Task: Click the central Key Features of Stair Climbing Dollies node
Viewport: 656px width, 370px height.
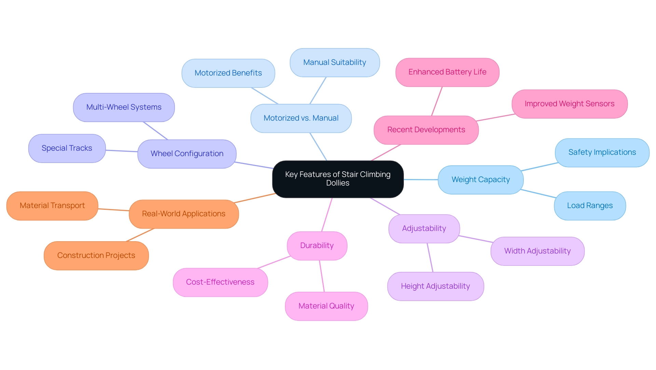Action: [338, 179]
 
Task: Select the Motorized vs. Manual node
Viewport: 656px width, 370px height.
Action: [301, 118]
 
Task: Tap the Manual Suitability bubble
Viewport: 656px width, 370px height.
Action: [334, 63]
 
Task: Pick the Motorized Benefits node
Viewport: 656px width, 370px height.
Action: [228, 73]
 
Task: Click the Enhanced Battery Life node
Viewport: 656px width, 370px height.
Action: [447, 72]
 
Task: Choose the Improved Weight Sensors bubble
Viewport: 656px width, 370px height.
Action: [569, 104]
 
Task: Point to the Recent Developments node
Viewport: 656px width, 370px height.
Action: [426, 130]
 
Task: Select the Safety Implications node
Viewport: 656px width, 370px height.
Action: [602, 152]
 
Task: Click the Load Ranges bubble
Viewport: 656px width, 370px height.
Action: [590, 206]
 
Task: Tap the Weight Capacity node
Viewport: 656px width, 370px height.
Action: [480, 180]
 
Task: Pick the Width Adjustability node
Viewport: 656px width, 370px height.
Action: [537, 251]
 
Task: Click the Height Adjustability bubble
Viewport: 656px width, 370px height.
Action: [435, 286]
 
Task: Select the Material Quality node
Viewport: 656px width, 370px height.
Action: [326, 306]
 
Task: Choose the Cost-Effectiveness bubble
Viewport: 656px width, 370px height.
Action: [220, 282]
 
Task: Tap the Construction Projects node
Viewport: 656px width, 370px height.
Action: [96, 256]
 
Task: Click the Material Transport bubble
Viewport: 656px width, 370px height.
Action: [52, 206]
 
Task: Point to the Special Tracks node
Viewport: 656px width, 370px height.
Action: [67, 148]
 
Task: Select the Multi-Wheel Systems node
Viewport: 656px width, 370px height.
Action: [124, 107]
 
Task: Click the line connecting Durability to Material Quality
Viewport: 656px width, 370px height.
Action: [322, 276]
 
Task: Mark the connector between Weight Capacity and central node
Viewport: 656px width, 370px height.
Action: [421, 179]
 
